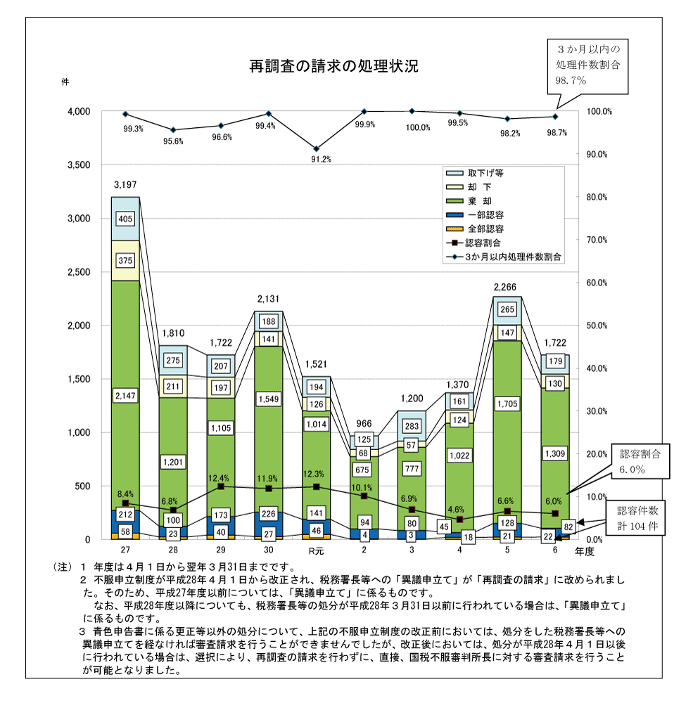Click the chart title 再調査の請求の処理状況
coord(334,67)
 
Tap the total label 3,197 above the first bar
coord(125,185)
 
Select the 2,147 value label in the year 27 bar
coord(125,396)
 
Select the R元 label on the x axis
coord(316,550)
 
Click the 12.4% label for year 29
coord(220,478)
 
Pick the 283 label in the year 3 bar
coord(412,426)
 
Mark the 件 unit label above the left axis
coord(65,82)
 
